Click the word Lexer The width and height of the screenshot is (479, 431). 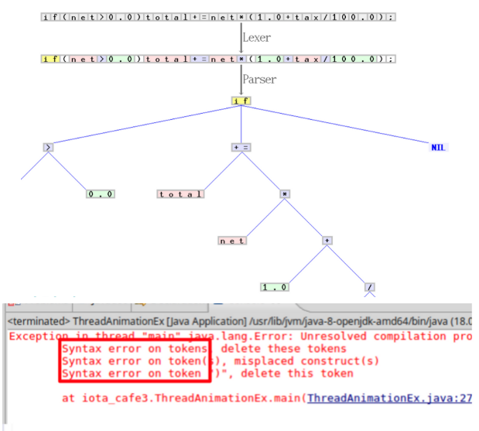point(256,37)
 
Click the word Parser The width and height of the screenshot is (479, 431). point(258,79)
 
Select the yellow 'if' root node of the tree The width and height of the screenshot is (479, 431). point(241,101)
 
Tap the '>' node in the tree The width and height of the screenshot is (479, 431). point(49,147)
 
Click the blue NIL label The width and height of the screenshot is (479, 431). point(439,147)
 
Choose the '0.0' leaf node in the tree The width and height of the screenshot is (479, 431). point(101,193)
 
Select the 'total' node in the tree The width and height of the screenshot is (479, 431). point(180,193)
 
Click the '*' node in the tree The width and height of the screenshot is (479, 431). point(285,193)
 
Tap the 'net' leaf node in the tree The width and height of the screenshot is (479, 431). point(232,241)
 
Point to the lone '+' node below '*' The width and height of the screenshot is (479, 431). point(327,241)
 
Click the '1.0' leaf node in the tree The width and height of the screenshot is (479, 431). point(275,287)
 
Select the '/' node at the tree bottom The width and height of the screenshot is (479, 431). point(370,287)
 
